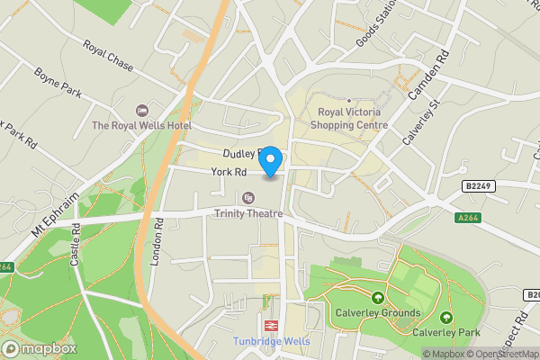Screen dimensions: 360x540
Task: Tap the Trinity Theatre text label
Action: (x=247, y=213)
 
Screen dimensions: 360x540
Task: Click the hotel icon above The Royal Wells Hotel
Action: (x=139, y=110)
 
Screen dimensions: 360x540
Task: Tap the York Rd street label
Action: (x=229, y=172)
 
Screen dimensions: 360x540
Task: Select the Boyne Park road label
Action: (x=58, y=84)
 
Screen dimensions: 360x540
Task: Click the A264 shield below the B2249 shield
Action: (x=467, y=217)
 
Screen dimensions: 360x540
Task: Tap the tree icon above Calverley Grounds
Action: (x=377, y=297)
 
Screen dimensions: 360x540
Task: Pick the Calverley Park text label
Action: (x=445, y=331)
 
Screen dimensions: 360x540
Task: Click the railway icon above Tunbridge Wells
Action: (x=270, y=325)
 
